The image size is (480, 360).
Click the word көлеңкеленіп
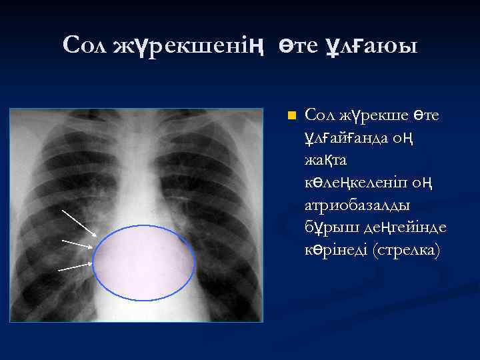coord(357,183)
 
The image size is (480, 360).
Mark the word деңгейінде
coord(404,227)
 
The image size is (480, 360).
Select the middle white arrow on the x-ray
coord(77,243)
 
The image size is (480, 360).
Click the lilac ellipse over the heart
coord(143,263)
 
